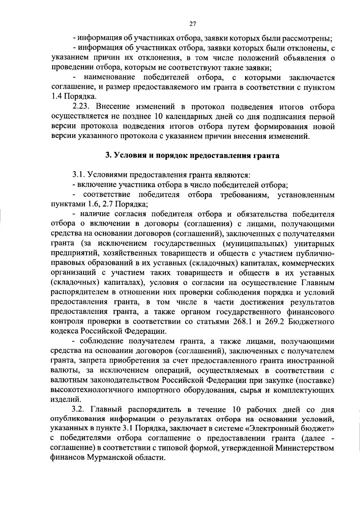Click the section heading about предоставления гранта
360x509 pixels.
[192, 156]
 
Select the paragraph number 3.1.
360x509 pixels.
[79, 175]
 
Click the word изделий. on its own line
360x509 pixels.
[62, 400]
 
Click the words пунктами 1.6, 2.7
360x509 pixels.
[82, 204]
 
